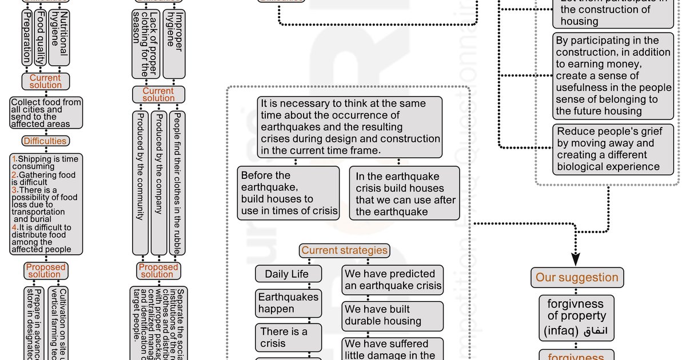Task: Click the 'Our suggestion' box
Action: tap(576, 278)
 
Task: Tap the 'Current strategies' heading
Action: tap(344, 250)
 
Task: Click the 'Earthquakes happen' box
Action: tap(288, 303)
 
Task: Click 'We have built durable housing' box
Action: tap(393, 315)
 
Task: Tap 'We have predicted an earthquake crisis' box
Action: tap(393, 280)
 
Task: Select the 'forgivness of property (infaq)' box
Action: tap(576, 316)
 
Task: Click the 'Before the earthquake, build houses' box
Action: tap(289, 194)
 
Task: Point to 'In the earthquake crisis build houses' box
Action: tap(405, 194)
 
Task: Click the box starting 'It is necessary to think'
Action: tap(350, 127)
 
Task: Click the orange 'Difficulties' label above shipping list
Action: tap(45, 141)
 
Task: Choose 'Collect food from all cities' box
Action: tap(46, 113)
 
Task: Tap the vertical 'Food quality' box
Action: tap(40, 37)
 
